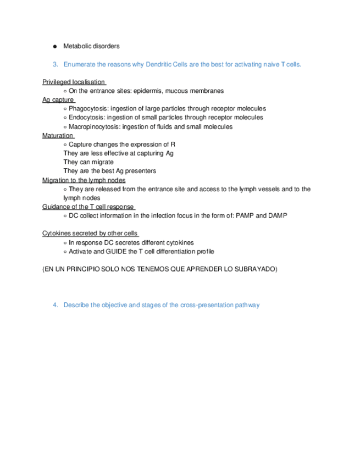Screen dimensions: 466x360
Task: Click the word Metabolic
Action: pos(76,46)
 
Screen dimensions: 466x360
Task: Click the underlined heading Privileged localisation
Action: pos(73,82)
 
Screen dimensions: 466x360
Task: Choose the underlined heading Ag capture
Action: pos(58,100)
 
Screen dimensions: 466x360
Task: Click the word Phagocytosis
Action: pos(88,109)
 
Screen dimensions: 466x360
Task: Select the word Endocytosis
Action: pos(86,118)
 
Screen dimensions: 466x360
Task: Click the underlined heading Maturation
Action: pos(57,136)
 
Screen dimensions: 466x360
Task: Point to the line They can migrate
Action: pos(88,162)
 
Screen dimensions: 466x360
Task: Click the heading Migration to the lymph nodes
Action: pos(84,180)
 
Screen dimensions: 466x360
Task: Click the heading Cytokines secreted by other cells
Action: pos(90,234)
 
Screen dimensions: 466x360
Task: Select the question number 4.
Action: pos(55,305)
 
